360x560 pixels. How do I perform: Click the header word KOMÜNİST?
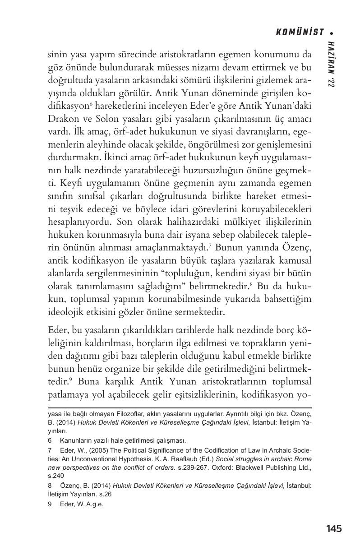(300, 32)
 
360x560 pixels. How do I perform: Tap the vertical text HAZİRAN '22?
(332, 63)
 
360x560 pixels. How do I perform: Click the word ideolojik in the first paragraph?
(65, 312)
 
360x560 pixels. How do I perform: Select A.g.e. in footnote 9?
(92, 504)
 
